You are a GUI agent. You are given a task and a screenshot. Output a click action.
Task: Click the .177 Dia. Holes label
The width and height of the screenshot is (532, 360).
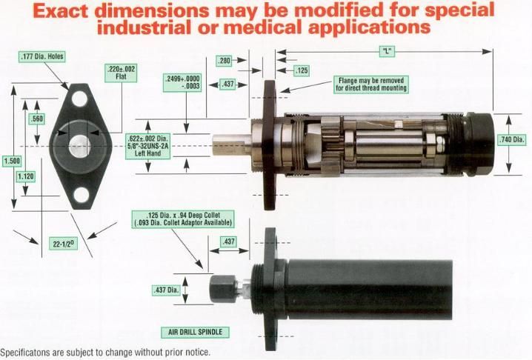(42, 56)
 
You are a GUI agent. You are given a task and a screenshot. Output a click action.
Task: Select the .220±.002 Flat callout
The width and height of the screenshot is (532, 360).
(121, 73)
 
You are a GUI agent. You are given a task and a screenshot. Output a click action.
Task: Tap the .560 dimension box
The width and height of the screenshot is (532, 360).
(36, 119)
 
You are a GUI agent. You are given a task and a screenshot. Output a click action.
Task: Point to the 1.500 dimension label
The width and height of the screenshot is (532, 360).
(12, 161)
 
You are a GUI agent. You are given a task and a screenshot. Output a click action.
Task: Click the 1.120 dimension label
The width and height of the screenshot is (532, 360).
(26, 176)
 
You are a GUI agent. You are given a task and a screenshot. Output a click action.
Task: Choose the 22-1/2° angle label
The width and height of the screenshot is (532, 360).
(63, 244)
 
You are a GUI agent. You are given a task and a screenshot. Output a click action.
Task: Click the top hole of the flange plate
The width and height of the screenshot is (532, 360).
(80, 99)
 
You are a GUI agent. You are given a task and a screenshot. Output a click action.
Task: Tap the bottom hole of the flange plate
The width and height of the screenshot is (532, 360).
(82, 195)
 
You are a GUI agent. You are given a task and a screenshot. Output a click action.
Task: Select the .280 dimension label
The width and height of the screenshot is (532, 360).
(224, 61)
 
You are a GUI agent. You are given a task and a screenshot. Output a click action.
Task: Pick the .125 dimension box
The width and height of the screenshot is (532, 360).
(302, 70)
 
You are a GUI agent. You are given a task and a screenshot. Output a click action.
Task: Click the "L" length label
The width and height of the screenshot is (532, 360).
(387, 52)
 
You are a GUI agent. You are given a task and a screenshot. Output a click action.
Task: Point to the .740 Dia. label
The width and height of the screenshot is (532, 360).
(512, 139)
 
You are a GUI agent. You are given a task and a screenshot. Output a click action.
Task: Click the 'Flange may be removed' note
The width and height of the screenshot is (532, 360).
(370, 84)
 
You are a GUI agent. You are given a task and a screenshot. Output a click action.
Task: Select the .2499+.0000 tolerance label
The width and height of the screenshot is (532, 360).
(182, 82)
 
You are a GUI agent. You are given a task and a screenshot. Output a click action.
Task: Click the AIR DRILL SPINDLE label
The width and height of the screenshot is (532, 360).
(195, 332)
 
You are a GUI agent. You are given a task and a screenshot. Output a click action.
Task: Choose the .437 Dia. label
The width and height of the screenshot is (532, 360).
(166, 290)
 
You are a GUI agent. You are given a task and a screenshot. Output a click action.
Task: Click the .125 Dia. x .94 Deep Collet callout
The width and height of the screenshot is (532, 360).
(183, 219)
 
